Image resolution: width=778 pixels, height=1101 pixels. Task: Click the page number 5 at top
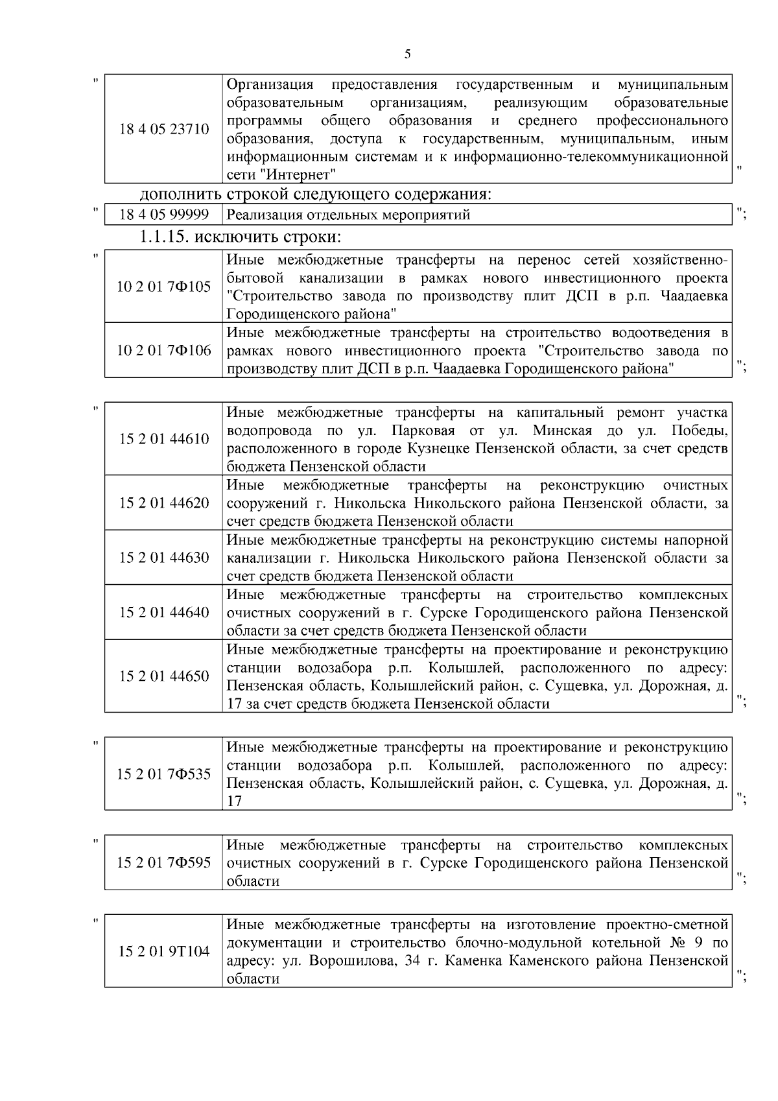click(407, 54)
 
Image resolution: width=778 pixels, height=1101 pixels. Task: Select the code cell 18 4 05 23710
click(164, 129)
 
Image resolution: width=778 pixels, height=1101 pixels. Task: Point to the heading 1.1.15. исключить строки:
click(241, 237)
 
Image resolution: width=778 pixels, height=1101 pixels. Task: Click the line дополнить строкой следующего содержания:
click(316, 194)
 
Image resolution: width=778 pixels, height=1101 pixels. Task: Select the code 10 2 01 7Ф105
click(164, 286)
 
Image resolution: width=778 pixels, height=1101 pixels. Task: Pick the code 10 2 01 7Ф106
click(164, 351)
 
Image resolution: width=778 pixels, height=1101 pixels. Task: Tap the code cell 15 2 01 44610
click(164, 439)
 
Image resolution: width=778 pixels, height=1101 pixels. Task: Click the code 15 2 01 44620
click(164, 503)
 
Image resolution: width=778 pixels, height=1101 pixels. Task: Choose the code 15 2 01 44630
click(164, 558)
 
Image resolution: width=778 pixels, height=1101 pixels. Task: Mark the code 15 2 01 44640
click(164, 613)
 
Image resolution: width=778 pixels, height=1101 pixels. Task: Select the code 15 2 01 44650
click(164, 676)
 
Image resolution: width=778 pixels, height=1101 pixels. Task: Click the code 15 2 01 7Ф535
click(164, 774)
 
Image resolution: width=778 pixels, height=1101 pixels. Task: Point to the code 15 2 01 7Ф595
click(164, 862)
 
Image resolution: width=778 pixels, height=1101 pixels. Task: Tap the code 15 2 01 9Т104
click(164, 951)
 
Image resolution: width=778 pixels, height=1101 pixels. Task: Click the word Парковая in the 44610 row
click(419, 431)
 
